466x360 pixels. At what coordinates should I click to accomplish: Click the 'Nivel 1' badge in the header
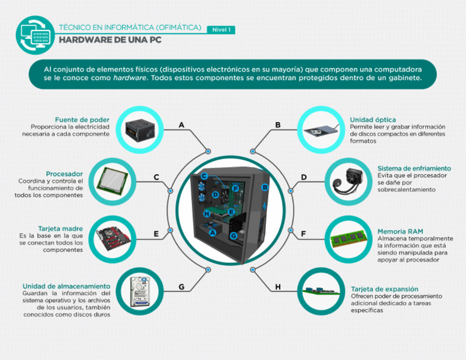coord(221,30)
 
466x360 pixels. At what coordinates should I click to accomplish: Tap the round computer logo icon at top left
coord(35,35)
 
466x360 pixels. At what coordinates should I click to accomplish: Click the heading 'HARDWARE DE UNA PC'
coord(110,40)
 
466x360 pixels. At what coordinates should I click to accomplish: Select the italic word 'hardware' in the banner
coord(130,78)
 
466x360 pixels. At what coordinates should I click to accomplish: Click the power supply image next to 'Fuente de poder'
coord(140,130)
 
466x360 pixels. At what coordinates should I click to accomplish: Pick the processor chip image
coord(112,182)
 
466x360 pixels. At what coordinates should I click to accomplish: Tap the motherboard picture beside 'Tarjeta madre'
coord(112,239)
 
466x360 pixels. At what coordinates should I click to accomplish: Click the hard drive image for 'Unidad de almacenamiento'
coord(140,291)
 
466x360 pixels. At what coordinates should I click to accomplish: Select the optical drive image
coord(321,130)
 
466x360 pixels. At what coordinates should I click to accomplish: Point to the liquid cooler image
coord(348,182)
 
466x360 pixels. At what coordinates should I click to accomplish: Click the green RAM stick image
coord(348,239)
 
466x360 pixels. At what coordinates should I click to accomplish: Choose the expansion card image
coord(321,291)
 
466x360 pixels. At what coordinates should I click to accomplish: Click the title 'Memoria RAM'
coord(400,231)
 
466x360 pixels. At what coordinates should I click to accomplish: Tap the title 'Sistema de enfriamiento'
coord(414,168)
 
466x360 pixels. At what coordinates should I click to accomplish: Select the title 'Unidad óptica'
coord(373,120)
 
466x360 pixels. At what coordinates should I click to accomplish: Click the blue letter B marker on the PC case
coord(265,187)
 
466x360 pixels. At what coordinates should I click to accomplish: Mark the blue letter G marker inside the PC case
coord(234,236)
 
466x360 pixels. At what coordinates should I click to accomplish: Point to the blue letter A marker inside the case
coord(212,233)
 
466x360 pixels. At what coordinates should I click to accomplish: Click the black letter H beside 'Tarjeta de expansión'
coord(278,287)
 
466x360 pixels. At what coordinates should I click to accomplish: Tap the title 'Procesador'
coord(64,174)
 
